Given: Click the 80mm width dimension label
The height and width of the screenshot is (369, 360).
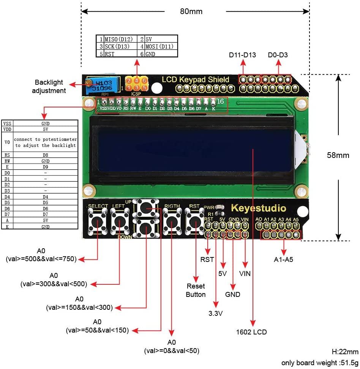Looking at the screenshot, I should (191, 11).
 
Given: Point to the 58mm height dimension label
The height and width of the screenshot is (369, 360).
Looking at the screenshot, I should (338, 155).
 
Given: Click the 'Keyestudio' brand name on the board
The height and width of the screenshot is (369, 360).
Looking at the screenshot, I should (259, 208).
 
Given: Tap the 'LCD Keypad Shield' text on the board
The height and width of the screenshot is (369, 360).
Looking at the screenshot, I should (196, 79).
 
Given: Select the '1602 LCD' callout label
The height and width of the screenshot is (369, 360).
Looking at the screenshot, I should (251, 332).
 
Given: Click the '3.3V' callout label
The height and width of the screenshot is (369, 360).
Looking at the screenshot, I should (216, 314).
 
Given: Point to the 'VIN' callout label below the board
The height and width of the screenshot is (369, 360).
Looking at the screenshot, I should (245, 273).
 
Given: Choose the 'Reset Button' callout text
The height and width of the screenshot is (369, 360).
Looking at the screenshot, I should (196, 290).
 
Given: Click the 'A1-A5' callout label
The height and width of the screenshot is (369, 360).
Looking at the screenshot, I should (284, 260).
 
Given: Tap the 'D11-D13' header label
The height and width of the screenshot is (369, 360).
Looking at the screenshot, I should (242, 55).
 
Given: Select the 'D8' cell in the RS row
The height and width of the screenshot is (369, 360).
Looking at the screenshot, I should (46, 155).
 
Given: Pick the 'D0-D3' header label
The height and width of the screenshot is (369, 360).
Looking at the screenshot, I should (278, 55).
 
